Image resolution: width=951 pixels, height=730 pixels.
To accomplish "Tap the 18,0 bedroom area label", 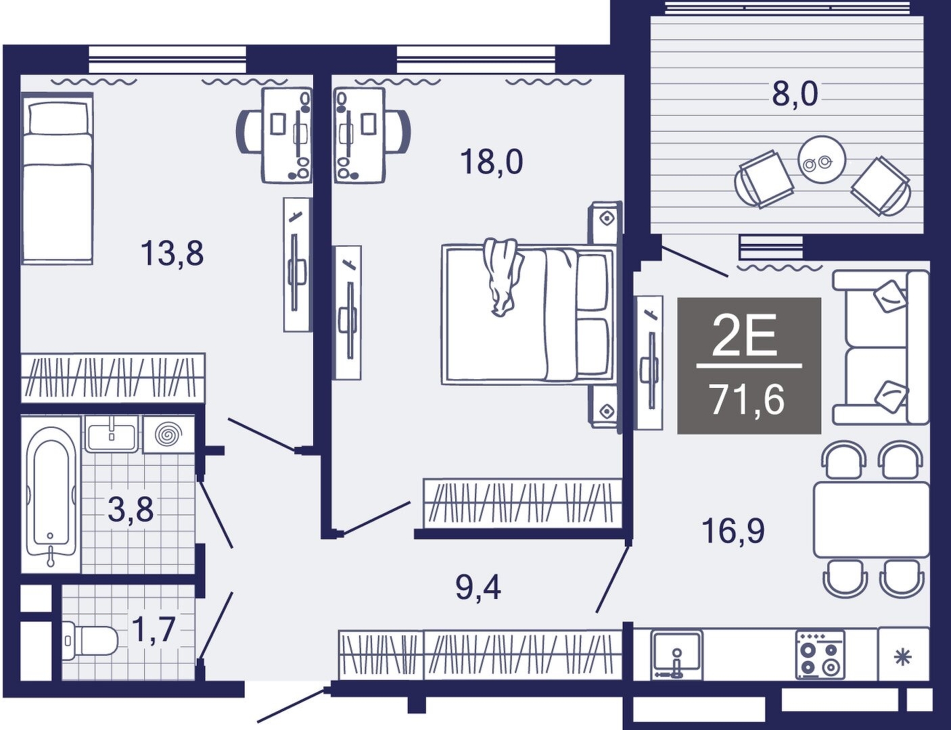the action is tap(492, 162).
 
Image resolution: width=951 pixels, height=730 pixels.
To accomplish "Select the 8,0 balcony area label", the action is tap(795, 95).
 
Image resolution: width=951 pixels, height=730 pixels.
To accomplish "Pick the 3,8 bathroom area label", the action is tap(131, 510).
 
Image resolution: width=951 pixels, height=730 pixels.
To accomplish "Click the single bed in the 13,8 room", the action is tap(57, 178).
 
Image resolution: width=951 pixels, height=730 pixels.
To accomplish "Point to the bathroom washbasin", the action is tap(112, 434).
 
